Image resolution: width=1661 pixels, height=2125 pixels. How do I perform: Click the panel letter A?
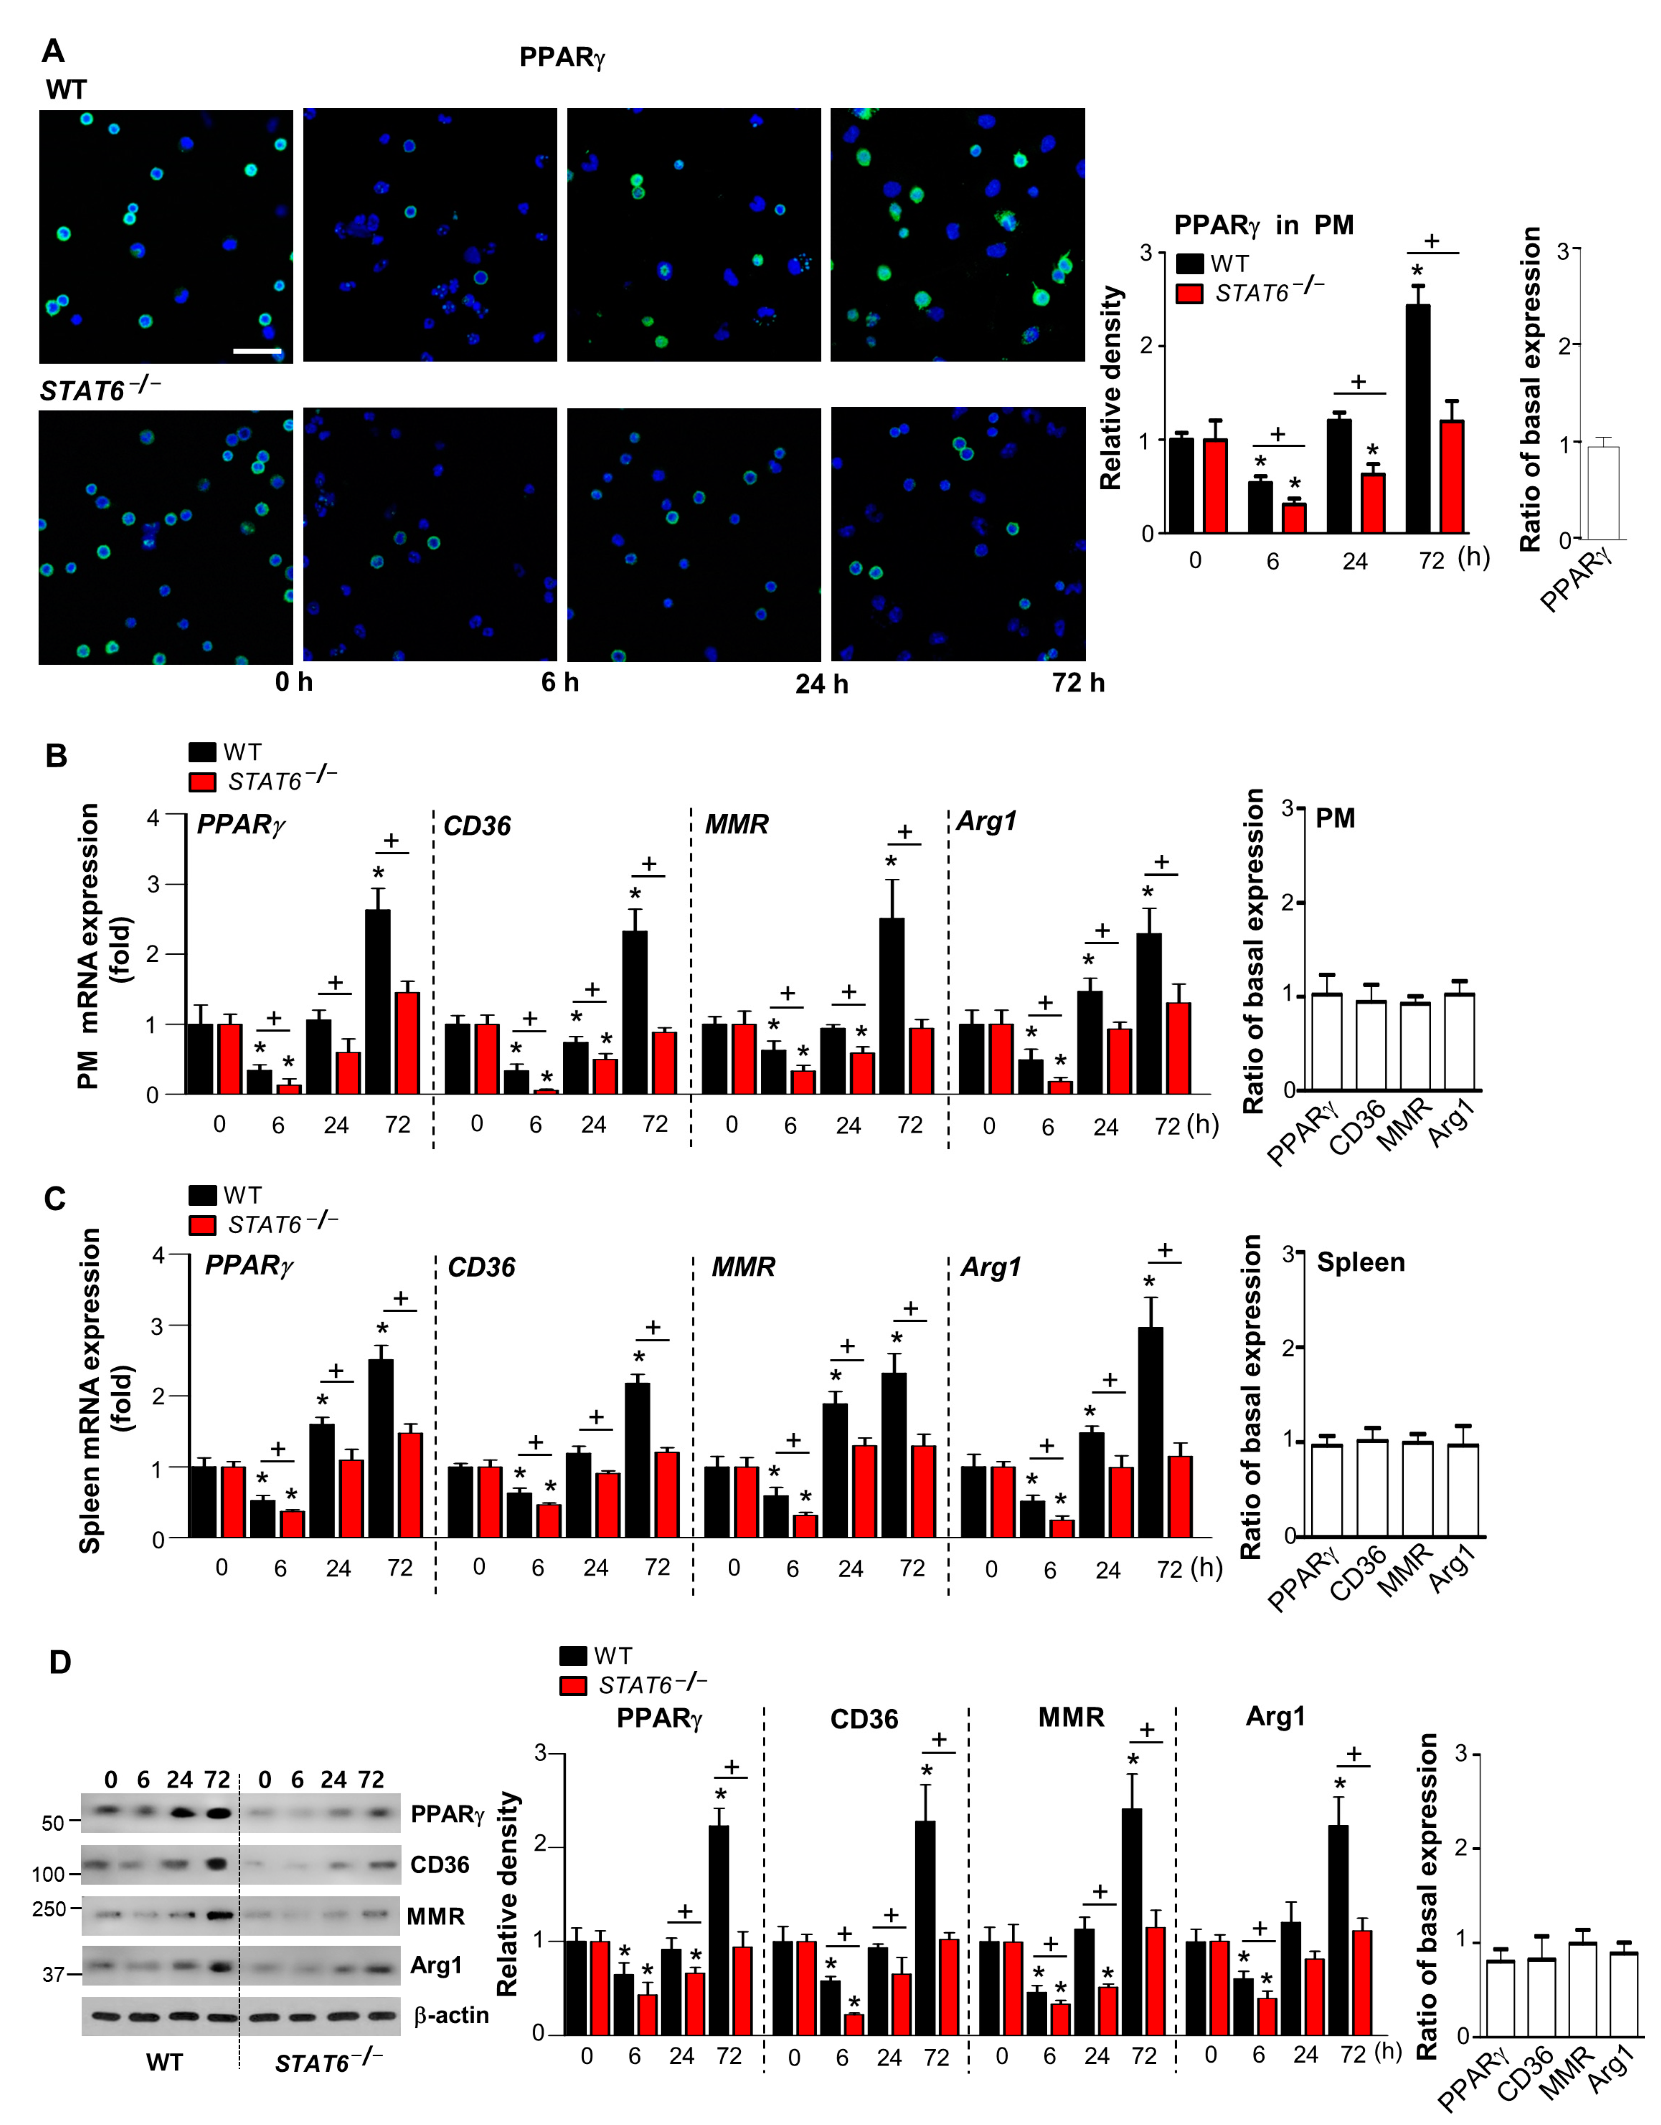54,51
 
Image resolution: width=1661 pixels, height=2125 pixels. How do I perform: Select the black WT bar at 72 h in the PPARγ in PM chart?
1418,418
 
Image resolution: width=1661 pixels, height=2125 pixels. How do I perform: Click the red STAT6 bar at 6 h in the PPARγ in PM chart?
1294,518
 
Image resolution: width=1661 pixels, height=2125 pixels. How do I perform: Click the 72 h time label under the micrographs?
1078,683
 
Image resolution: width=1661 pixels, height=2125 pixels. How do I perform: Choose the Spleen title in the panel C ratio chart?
1360,1263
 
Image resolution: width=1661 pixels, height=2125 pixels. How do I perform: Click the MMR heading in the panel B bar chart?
737,825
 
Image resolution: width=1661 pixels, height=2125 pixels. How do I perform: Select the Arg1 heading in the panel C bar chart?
991,1267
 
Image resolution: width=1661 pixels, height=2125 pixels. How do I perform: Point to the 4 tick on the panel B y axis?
153,817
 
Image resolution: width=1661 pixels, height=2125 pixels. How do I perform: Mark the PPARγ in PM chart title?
1263,226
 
